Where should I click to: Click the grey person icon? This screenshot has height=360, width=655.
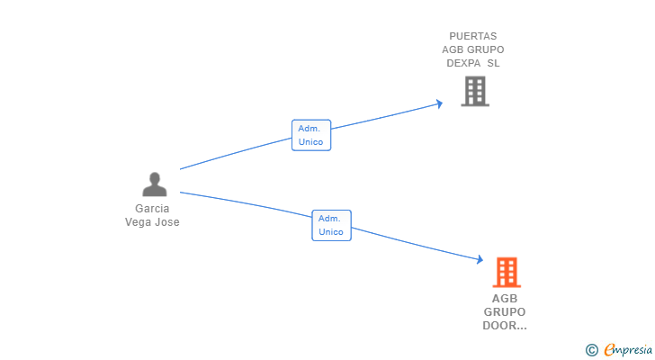[x=155, y=184]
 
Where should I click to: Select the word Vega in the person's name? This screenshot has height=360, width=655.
[x=139, y=222]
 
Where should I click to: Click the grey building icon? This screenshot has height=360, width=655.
[x=474, y=91]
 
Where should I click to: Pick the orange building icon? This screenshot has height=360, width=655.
[x=507, y=272]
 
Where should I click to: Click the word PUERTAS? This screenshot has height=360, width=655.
[x=473, y=37]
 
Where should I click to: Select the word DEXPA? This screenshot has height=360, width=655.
[x=464, y=64]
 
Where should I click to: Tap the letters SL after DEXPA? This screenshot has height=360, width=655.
[x=493, y=64]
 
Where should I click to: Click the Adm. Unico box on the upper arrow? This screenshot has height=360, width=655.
[x=311, y=135]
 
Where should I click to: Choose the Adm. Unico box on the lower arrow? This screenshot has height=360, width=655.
[x=331, y=225]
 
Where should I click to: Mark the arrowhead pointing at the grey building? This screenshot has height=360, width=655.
[x=439, y=103]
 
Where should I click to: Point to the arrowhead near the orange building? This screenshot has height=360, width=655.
[x=480, y=260]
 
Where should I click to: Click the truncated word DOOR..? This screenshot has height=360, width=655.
[x=504, y=326]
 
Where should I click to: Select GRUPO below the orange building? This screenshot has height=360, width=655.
[x=505, y=312]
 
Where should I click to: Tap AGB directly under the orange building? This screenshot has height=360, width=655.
[x=505, y=299]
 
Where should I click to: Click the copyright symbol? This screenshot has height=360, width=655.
[x=591, y=349]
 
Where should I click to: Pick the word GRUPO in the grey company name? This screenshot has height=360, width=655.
[x=486, y=50]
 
